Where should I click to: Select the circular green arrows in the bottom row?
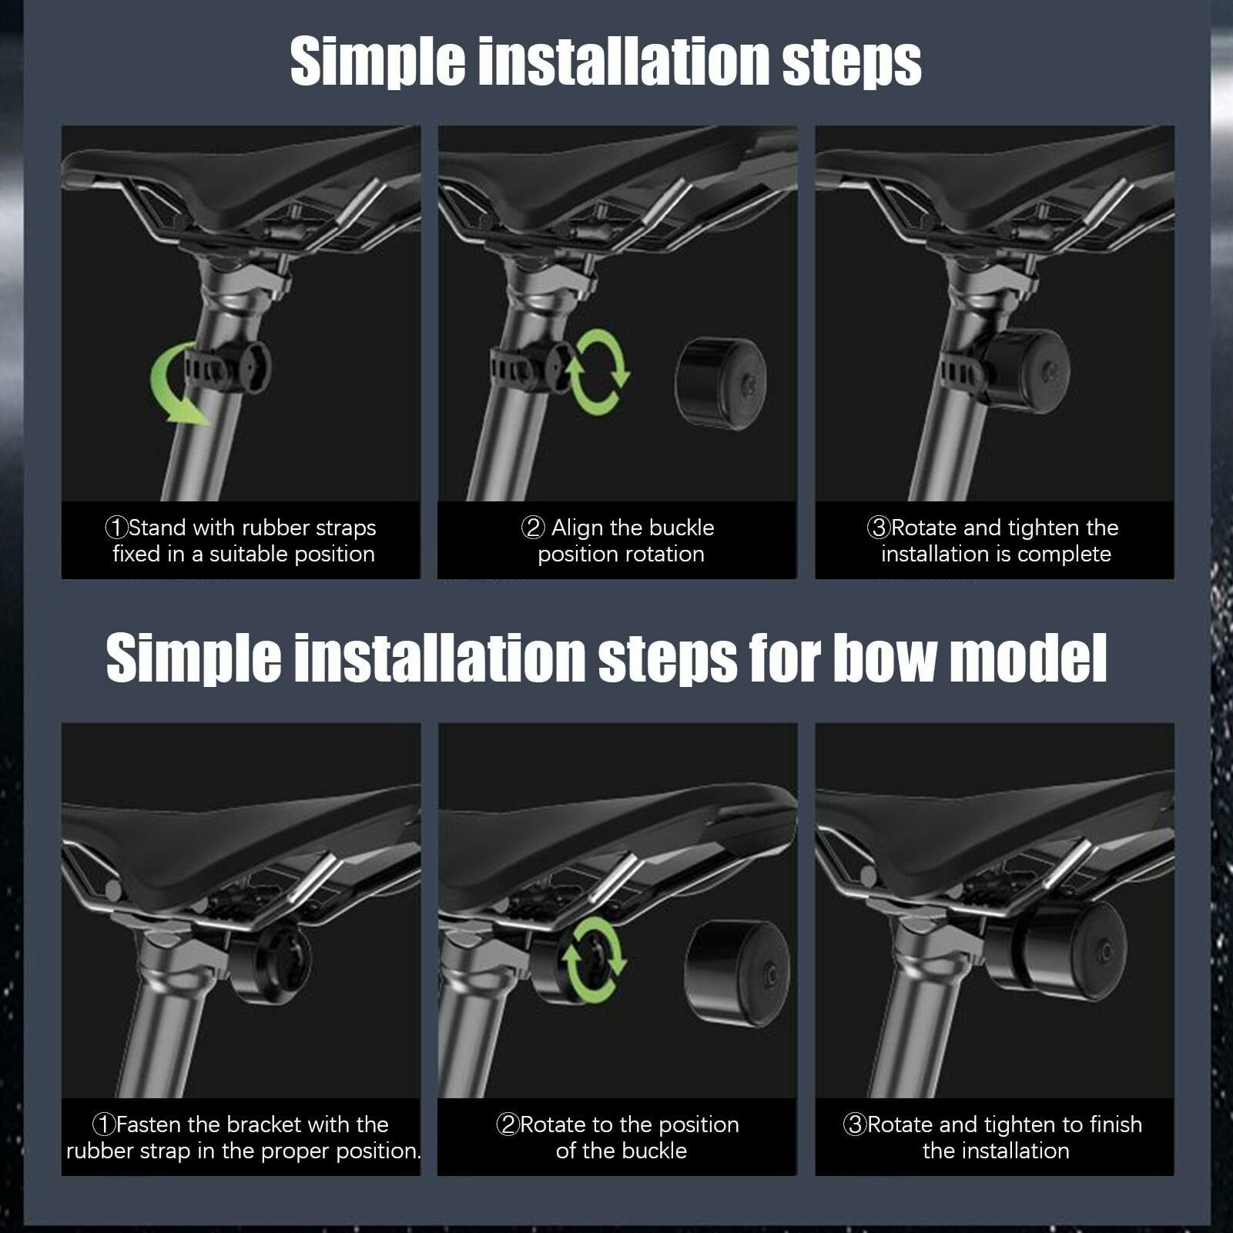point(594,959)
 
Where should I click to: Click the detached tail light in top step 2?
point(721,382)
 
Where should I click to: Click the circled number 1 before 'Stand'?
point(116,528)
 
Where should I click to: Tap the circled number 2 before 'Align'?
point(533,528)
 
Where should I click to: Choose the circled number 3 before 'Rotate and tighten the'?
point(879,528)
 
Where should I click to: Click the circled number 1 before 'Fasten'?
point(104,1124)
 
